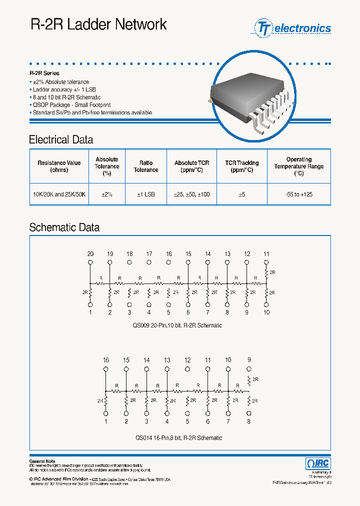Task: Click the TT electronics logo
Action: tap(293, 28)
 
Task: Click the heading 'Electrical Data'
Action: tap(61, 140)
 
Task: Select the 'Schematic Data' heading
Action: tap(64, 227)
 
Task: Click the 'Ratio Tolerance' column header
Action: tap(145, 166)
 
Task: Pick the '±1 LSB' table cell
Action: tap(145, 194)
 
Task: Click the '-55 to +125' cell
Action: tap(298, 194)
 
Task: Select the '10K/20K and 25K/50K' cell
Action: tap(59, 194)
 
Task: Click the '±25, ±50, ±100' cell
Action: tap(191, 194)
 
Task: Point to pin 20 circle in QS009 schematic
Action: tap(90, 261)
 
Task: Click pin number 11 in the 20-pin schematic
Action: tap(266, 254)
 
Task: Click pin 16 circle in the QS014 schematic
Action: tap(106, 369)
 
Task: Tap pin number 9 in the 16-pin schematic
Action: tap(248, 359)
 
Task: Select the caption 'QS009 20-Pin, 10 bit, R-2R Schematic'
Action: tap(177, 325)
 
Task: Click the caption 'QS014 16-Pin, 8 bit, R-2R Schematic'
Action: tap(178, 437)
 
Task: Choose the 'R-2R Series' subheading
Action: tap(44, 73)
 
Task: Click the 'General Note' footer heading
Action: tap(42, 461)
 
